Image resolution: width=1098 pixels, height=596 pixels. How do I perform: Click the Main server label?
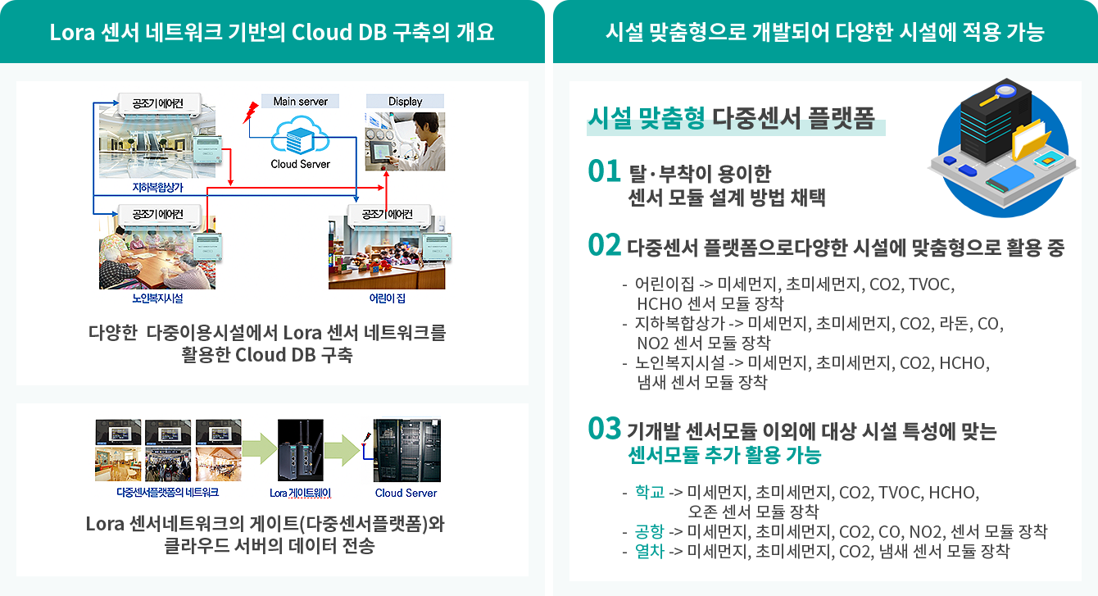pos(300,102)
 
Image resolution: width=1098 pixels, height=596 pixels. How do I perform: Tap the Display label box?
pos(405,102)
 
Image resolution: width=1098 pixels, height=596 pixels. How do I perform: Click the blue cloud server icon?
pos(300,135)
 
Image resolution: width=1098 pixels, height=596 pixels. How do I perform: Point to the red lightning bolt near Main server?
pos(251,112)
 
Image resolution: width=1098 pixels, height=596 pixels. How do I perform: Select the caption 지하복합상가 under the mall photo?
pos(158,188)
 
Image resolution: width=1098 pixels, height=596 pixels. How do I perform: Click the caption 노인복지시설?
pos(157,298)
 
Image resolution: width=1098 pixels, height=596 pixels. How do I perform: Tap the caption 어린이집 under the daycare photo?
pos(388,298)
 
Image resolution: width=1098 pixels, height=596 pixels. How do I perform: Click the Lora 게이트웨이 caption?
pos(300,493)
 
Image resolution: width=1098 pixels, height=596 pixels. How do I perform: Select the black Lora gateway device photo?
pos(301,450)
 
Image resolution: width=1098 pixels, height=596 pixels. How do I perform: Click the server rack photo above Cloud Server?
pos(407,450)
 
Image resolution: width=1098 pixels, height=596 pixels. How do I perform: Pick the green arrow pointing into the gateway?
pos(260,448)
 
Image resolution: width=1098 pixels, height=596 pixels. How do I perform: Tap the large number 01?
pos(605,171)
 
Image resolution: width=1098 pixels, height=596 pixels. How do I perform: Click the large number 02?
pos(605,245)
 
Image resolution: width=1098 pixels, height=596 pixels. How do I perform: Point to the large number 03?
pos(605,429)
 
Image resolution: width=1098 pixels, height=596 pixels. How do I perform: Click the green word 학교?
pos(650,492)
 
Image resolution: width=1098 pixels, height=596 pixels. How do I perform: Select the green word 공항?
pos(650,531)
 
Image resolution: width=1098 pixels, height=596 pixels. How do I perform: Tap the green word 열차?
pos(650,551)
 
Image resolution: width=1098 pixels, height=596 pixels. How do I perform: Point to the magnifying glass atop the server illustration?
pos(999,94)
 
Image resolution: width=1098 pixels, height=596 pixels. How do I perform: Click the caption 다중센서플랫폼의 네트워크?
pos(168,493)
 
